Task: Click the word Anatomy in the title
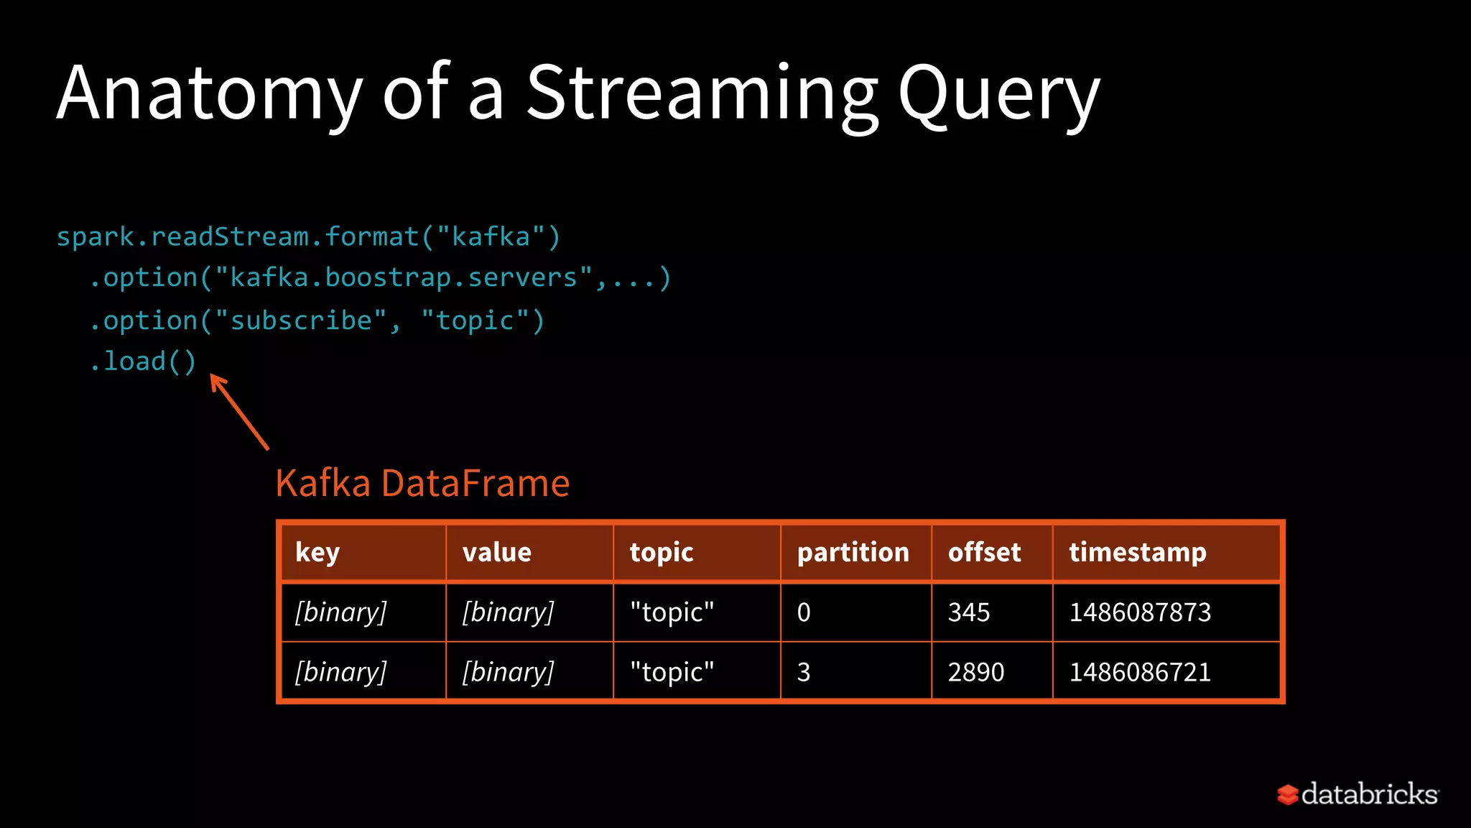[x=210, y=93]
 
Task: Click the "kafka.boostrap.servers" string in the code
[x=404, y=278]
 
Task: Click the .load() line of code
[x=143, y=361]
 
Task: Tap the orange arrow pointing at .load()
[x=238, y=411]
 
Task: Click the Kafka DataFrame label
[x=422, y=483]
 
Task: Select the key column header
[x=317, y=552]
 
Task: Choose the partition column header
[x=853, y=552]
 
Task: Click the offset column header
[x=984, y=552]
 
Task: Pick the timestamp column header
[x=1137, y=552]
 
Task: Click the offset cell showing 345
[x=969, y=612]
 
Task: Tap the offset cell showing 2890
[x=976, y=672]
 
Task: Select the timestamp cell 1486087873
[x=1140, y=612]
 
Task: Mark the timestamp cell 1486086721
[x=1140, y=672]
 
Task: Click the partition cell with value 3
[x=804, y=672]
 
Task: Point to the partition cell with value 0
[x=804, y=612]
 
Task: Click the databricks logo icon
[x=1288, y=794]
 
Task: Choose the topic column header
[x=662, y=552]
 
